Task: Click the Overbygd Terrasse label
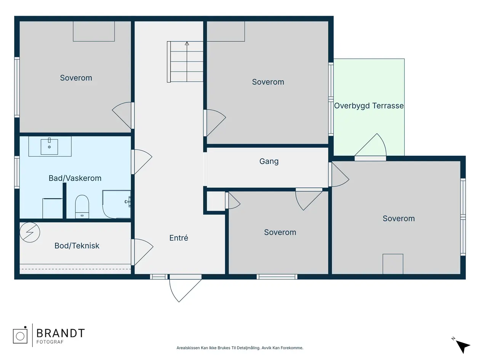pyautogui.click(x=369, y=106)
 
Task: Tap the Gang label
pyautogui.click(x=269, y=161)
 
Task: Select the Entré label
pyautogui.click(x=179, y=238)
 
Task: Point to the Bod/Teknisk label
pyautogui.click(x=77, y=246)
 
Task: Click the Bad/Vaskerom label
pyautogui.click(x=75, y=178)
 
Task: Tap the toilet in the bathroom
pyautogui.click(x=82, y=206)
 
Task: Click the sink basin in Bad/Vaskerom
pyautogui.click(x=50, y=146)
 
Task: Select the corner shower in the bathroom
pyautogui.click(x=117, y=204)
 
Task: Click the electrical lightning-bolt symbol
pyautogui.click(x=30, y=232)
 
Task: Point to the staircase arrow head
pyautogui.click(x=187, y=43)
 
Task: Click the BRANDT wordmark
pyautogui.click(x=61, y=333)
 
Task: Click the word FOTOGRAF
pyautogui.click(x=50, y=342)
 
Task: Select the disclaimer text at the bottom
pyautogui.click(x=240, y=348)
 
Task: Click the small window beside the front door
pyautogui.click(x=159, y=277)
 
